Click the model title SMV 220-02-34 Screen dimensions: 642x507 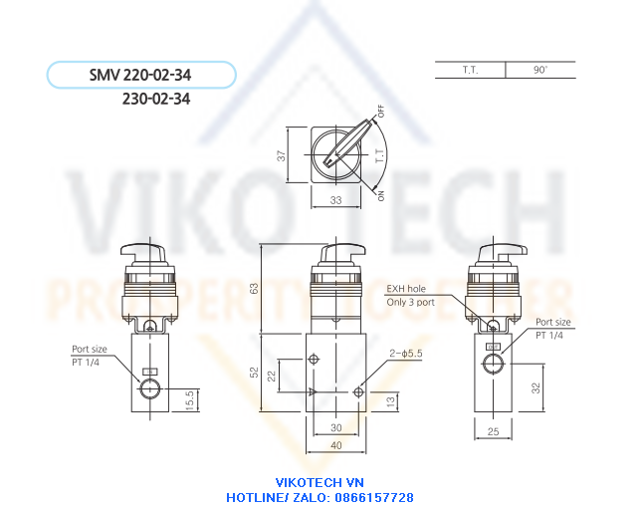(x=140, y=75)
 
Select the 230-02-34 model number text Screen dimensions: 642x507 (x=156, y=99)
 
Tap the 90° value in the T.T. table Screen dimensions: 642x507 (x=540, y=70)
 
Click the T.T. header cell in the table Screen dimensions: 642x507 (x=471, y=70)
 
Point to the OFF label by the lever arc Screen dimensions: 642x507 (x=381, y=112)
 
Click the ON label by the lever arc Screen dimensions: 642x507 (x=381, y=196)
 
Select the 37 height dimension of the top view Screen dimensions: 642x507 (x=281, y=155)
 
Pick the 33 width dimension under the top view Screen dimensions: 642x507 (x=335, y=200)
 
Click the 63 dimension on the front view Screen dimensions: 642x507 (x=254, y=289)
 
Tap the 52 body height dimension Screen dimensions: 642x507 (x=254, y=373)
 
